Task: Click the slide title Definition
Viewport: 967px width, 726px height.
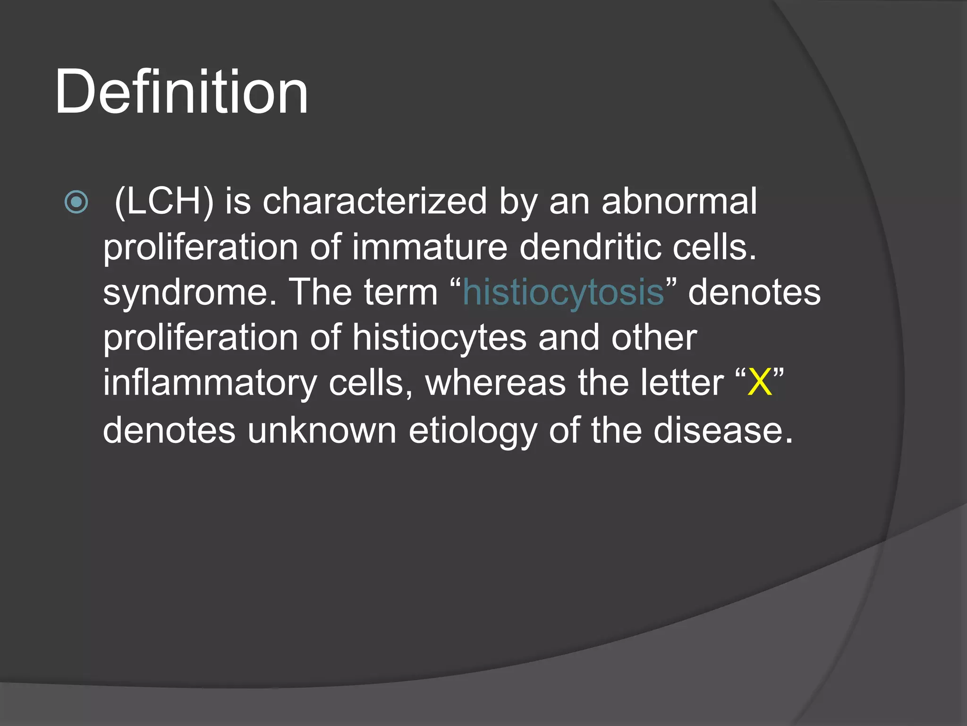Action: (x=181, y=92)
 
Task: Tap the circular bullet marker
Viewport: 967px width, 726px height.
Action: (x=76, y=202)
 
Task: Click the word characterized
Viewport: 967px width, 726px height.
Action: (x=374, y=201)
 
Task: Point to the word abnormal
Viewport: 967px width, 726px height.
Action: (x=679, y=201)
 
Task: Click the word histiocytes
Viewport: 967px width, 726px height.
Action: (x=440, y=338)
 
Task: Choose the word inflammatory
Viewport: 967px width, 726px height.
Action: (x=210, y=383)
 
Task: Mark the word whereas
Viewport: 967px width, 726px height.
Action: (x=495, y=383)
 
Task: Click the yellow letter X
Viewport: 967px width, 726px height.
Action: (x=760, y=383)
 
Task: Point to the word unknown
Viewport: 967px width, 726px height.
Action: (x=322, y=431)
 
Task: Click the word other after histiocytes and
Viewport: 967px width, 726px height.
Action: (x=654, y=338)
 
